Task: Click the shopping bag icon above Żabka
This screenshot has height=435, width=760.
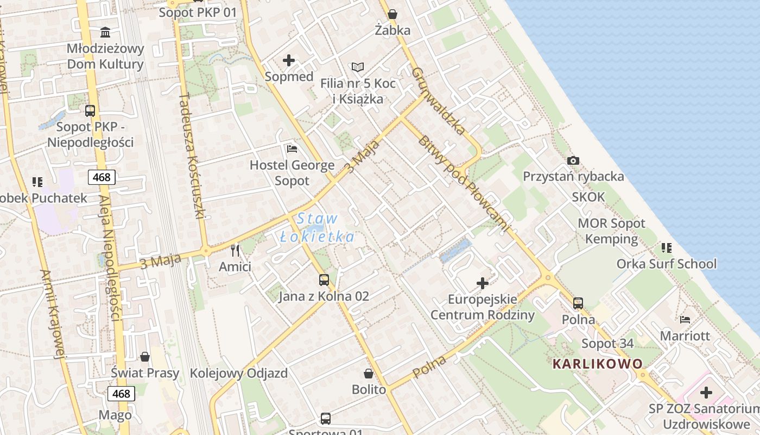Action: click(392, 14)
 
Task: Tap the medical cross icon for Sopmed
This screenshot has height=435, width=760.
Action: click(289, 60)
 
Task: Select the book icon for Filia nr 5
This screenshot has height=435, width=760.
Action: click(357, 67)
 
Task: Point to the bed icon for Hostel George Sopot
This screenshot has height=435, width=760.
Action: click(292, 148)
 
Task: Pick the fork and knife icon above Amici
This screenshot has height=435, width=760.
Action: click(235, 251)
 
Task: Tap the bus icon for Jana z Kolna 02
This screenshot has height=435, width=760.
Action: click(324, 280)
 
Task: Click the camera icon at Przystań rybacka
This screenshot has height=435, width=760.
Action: click(573, 161)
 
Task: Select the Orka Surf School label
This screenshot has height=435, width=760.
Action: click(666, 264)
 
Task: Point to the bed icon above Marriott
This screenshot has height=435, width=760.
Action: click(685, 320)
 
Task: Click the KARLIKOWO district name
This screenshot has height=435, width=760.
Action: click(597, 364)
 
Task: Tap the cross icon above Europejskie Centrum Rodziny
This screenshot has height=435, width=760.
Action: click(482, 283)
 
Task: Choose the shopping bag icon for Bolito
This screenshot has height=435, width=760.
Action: click(369, 374)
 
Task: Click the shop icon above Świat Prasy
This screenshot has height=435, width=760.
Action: click(145, 357)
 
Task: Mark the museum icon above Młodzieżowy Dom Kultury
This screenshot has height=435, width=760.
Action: click(105, 32)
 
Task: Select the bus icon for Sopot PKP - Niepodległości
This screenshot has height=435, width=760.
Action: click(90, 111)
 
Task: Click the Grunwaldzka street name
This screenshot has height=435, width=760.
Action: click(439, 101)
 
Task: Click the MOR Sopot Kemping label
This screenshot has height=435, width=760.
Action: click(611, 231)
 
